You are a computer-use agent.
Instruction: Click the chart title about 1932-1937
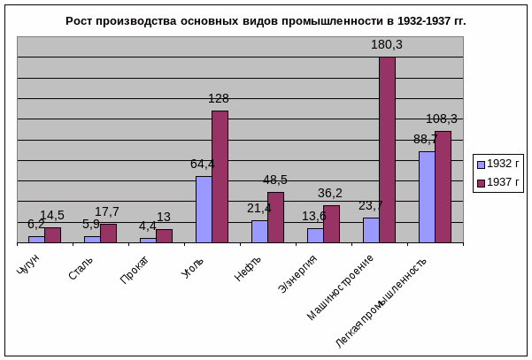tap(266, 20)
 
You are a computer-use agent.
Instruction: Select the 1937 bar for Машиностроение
tap(387, 149)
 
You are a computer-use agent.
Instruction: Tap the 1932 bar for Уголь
tap(204, 210)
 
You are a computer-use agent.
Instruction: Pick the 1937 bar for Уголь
tap(220, 177)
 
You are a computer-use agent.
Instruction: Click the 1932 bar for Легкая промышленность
tap(427, 197)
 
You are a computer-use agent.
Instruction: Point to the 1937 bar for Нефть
tap(275, 218)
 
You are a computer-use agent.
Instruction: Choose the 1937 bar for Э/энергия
tap(331, 224)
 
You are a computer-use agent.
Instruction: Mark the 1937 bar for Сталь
tap(108, 234)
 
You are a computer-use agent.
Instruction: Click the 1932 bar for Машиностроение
tap(371, 230)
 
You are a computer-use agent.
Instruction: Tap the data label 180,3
tap(386, 44)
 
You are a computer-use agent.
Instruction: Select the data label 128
tap(219, 98)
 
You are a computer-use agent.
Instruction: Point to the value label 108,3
tap(442, 119)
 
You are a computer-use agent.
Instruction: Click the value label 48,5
tap(275, 180)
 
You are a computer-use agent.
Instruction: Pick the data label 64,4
tap(203, 164)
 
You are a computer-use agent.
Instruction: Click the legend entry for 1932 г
tap(498, 164)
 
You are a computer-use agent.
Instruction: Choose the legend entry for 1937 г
tap(498, 183)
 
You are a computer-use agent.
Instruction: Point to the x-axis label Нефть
tap(249, 268)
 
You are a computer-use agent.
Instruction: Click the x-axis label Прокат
tap(135, 270)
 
